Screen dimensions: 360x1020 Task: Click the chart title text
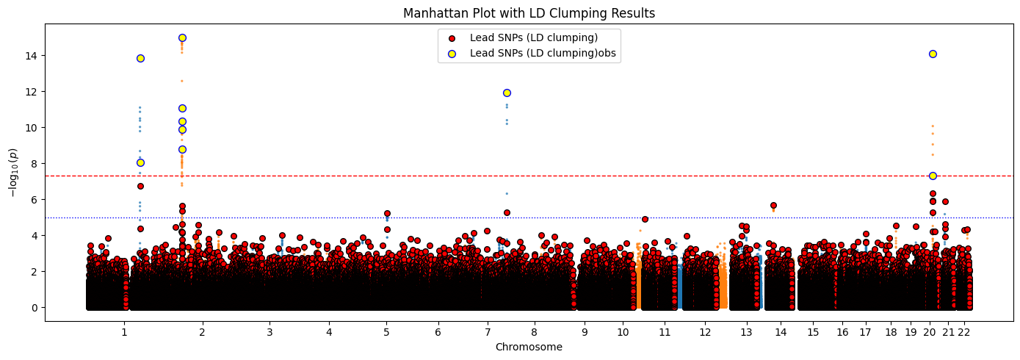[529, 13]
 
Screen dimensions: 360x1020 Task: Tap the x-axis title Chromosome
[529, 347]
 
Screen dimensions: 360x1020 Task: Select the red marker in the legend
[452, 38]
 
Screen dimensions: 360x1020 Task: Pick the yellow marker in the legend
[452, 53]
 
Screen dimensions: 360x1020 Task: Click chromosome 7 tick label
[487, 332]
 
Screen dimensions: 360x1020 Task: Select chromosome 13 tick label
[745, 332]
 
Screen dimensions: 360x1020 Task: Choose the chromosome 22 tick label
[963, 332]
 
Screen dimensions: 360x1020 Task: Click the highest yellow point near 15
[182, 37]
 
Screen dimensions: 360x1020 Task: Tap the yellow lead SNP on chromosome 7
[507, 93]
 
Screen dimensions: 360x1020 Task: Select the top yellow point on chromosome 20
[933, 54]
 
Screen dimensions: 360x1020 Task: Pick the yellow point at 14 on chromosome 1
[140, 58]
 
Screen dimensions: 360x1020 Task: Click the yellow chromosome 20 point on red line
[933, 176]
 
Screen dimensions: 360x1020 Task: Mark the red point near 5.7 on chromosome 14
[773, 205]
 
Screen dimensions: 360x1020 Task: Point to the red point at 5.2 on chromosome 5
[387, 213]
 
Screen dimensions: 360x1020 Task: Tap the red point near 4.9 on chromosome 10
[645, 219]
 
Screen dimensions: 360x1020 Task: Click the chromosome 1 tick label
[124, 332]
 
